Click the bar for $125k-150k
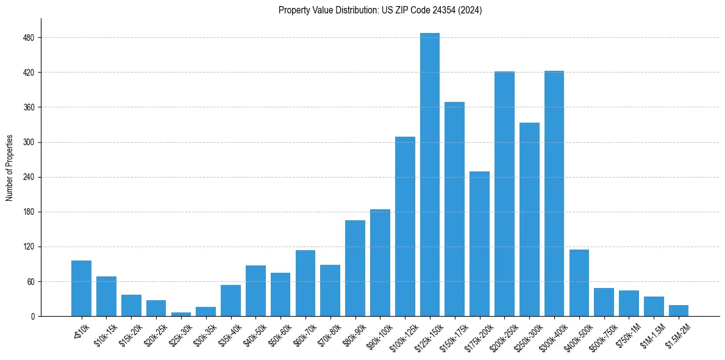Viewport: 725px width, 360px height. tap(430, 175)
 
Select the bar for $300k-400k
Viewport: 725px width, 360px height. tap(554, 193)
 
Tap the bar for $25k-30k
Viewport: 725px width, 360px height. tap(181, 314)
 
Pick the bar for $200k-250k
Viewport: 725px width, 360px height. tap(504, 194)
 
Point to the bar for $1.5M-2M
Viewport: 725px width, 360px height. tap(679, 311)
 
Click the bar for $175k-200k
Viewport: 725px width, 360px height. tap(479, 244)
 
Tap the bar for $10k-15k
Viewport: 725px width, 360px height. tap(106, 297)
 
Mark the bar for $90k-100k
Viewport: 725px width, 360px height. tap(380, 263)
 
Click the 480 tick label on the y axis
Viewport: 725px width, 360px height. tap(29, 38)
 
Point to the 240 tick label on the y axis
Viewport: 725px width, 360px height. tap(29, 178)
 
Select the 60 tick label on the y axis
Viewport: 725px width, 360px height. tap(30, 282)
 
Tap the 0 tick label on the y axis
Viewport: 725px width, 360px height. tap(32, 317)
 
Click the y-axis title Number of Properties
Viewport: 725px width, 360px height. tap(10, 168)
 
